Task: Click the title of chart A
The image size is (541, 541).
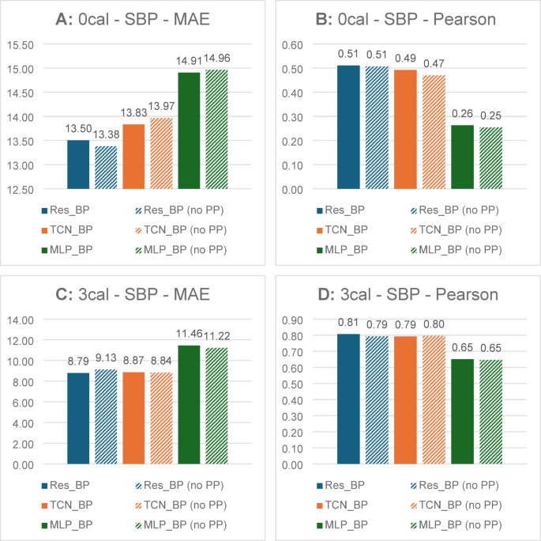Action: click(x=133, y=19)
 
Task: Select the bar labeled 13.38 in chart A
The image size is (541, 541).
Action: click(x=106, y=168)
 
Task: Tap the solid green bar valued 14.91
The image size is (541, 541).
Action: click(x=189, y=131)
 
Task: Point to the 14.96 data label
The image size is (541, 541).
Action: click(x=217, y=58)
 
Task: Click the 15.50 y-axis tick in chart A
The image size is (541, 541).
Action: click(x=21, y=45)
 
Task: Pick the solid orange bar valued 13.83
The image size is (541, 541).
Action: click(x=133, y=157)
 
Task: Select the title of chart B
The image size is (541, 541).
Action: click(x=406, y=19)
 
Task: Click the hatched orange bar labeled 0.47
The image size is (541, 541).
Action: click(x=434, y=132)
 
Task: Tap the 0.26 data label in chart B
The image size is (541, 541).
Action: click(x=462, y=114)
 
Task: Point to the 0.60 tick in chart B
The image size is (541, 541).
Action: click(x=292, y=45)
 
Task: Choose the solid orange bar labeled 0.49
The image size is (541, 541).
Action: click(x=405, y=130)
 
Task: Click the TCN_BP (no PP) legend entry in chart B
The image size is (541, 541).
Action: click(x=456, y=230)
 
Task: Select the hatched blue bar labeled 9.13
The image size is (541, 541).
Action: click(x=106, y=417)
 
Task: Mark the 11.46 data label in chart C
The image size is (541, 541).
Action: click(x=189, y=334)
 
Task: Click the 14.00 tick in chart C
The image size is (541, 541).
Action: click(x=21, y=320)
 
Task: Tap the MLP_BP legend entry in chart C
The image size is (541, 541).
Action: click(x=67, y=524)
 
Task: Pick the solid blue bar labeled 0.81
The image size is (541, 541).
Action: click(x=348, y=399)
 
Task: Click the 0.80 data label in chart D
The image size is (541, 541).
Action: click(x=434, y=324)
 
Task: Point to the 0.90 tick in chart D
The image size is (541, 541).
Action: click(x=292, y=320)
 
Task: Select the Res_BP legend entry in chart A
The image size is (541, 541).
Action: click(x=66, y=210)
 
